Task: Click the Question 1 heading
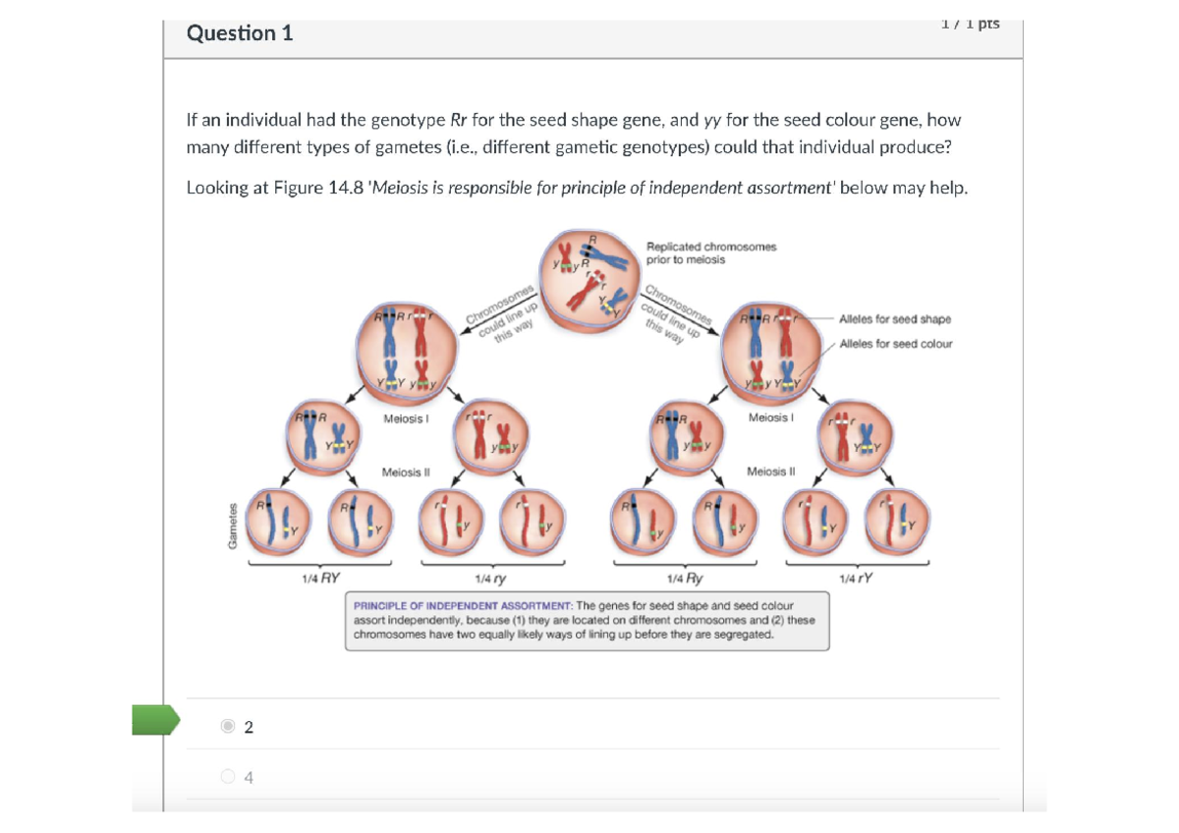240,33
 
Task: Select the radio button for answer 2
228,726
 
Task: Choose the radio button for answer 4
228,777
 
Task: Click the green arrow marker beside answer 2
155,720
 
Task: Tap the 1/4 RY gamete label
320,580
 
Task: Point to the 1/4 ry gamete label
490,580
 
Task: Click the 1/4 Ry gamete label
684,580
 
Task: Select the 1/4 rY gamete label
856,580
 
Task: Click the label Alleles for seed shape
895,319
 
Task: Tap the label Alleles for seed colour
896,344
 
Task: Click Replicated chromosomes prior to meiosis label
710,252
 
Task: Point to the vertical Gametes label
233,527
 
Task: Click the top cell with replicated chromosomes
588,279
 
